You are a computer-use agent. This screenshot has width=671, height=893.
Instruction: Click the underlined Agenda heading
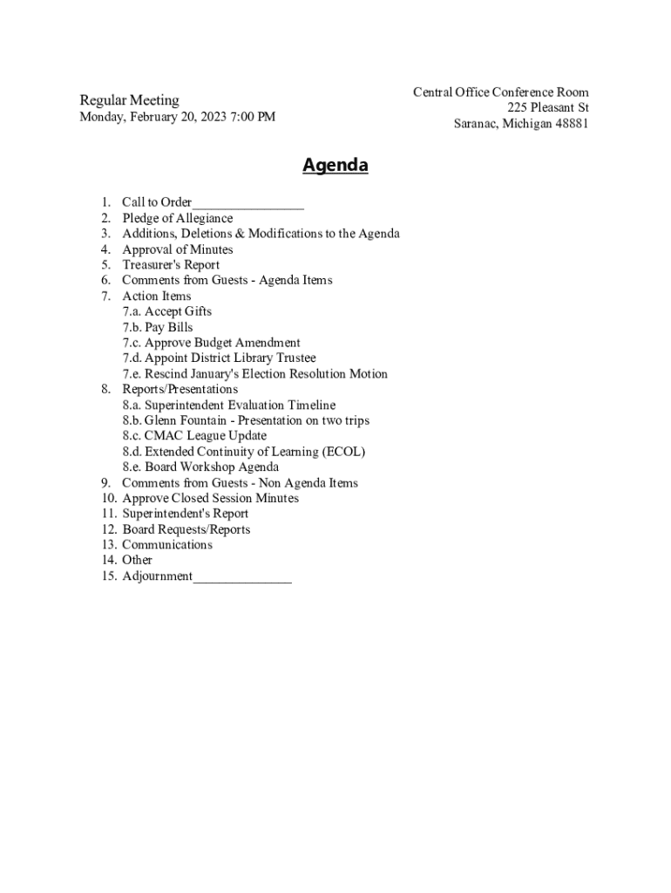[335, 166]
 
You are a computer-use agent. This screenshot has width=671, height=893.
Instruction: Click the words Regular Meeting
[129, 100]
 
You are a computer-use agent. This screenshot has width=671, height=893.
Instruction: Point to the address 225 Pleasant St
[548, 108]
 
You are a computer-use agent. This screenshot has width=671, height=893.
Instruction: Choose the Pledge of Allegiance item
[177, 218]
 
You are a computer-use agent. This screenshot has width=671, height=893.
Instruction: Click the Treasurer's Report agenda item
[171, 265]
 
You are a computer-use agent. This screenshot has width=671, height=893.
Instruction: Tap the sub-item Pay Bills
[169, 327]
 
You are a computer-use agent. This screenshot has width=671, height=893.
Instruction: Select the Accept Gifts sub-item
[178, 311]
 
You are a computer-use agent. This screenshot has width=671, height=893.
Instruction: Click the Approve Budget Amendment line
[222, 343]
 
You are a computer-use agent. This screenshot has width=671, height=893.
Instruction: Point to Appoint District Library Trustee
[230, 358]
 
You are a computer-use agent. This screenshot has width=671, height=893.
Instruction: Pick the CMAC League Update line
[206, 436]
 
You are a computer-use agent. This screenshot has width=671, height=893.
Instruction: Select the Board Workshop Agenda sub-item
[212, 467]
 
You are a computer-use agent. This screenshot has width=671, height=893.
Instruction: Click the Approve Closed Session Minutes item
[210, 498]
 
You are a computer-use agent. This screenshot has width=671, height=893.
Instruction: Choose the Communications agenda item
[166, 545]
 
